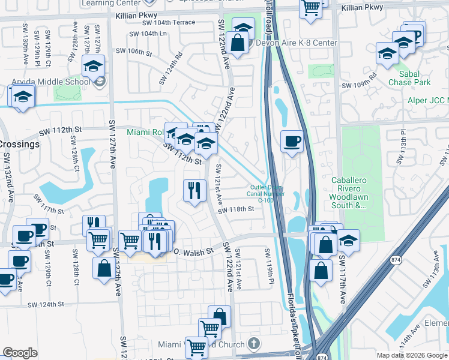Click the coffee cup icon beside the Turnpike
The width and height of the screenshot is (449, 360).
coord(292,142)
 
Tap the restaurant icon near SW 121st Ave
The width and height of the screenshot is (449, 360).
coord(194,191)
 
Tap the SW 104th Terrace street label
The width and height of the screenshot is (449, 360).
coord(169,22)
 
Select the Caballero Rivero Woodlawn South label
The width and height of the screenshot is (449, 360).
coord(357,192)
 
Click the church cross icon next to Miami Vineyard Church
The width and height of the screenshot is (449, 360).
coord(253,344)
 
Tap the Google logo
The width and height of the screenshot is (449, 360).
coord(20,353)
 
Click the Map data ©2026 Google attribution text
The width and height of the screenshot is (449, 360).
coord(411,355)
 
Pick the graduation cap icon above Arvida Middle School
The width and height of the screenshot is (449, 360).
coord(93,66)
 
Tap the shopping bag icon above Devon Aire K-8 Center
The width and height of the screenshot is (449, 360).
coord(238,43)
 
